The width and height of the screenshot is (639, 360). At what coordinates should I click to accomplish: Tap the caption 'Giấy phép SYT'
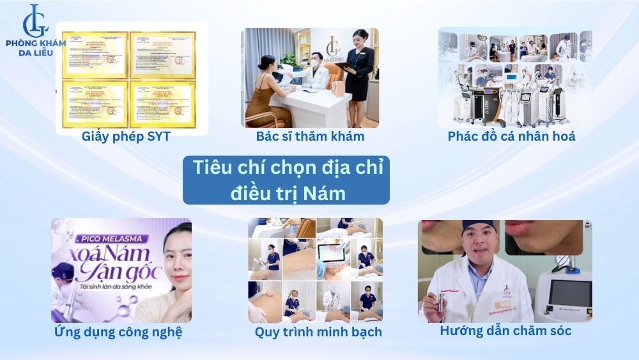[x=126, y=136]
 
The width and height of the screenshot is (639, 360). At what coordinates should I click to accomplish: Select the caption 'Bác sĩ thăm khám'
[x=310, y=136]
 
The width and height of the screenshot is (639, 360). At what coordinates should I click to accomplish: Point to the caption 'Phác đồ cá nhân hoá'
[x=511, y=136]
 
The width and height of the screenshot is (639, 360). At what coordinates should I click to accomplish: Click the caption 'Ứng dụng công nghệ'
[x=118, y=331]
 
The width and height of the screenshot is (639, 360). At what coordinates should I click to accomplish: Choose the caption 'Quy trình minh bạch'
[x=318, y=331]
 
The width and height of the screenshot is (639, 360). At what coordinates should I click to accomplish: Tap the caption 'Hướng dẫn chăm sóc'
[x=505, y=331]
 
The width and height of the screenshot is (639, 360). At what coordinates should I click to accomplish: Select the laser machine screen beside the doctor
[x=570, y=293]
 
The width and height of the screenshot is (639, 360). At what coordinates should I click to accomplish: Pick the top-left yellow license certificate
[x=91, y=55]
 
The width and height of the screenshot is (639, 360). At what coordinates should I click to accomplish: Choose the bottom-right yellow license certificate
[x=162, y=104]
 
